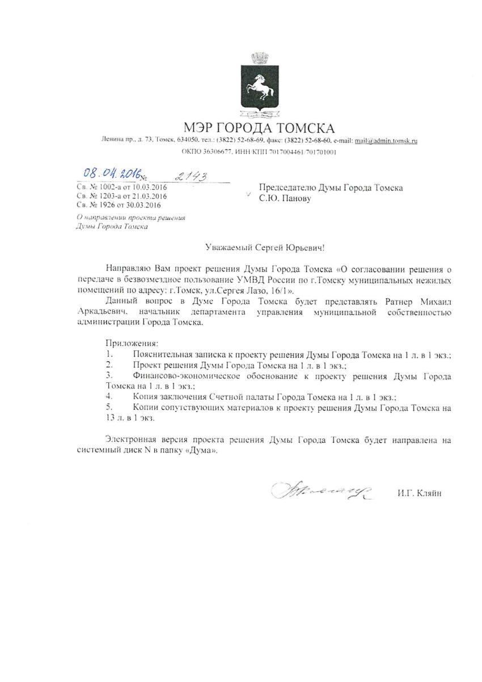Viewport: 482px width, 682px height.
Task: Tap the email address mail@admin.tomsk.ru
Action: pyautogui.click(x=386, y=141)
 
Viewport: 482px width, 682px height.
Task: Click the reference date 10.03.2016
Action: pyautogui.click(x=140, y=187)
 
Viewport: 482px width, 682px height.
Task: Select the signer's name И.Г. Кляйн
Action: pyautogui.click(x=419, y=493)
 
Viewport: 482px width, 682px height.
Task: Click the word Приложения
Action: pyautogui.click(x=133, y=344)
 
